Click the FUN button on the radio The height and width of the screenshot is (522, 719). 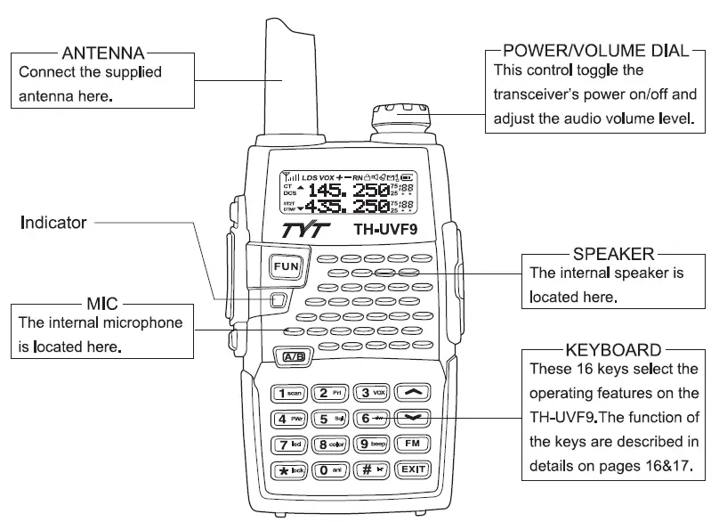[286, 266]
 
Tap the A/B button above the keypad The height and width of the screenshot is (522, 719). [294, 357]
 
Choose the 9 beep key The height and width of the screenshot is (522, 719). [372, 443]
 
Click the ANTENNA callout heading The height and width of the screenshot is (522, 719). [100, 52]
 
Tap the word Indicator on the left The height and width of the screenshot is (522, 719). [53, 223]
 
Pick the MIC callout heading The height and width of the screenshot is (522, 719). [101, 303]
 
